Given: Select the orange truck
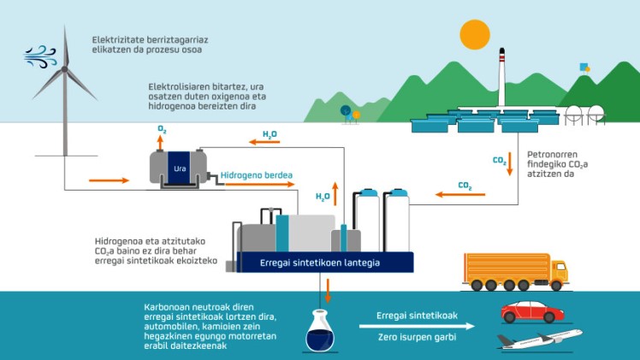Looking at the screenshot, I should coord(514,271).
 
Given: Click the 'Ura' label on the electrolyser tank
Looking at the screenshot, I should coord(180,168).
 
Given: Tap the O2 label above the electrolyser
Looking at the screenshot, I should coord(161,129).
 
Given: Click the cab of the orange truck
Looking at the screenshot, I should coord(558,273).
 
